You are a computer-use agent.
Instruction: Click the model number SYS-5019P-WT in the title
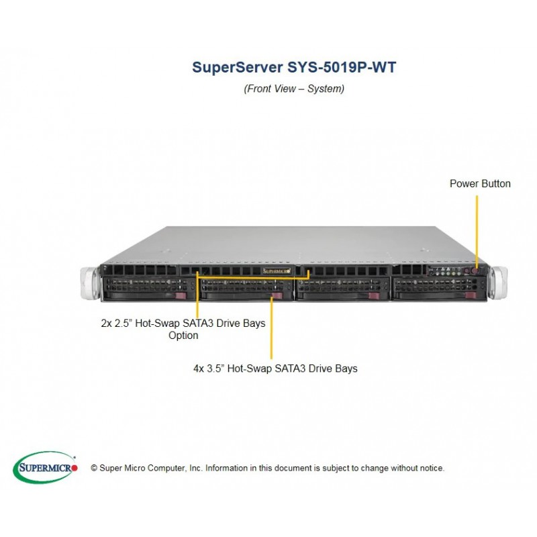coord(342,67)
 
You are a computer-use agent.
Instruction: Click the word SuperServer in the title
coord(238,67)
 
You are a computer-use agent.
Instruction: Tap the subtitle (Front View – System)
coord(294,89)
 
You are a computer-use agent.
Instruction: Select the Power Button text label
coord(480,183)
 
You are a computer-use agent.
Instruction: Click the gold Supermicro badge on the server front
coord(277,271)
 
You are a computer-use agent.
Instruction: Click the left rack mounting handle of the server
coord(90,283)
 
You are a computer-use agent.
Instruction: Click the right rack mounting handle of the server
coord(498,283)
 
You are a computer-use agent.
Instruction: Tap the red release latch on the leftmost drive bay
coord(181,296)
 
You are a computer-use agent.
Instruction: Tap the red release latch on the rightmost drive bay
coord(470,295)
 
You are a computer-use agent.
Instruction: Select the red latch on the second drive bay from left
coord(277,296)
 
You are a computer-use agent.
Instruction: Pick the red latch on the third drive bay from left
coord(374,296)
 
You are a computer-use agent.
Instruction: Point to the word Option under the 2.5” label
coord(183,335)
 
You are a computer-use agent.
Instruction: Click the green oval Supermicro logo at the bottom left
coord(45,467)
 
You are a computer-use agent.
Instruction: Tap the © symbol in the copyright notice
coord(94,468)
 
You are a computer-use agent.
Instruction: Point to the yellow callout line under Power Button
coord(477,232)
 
